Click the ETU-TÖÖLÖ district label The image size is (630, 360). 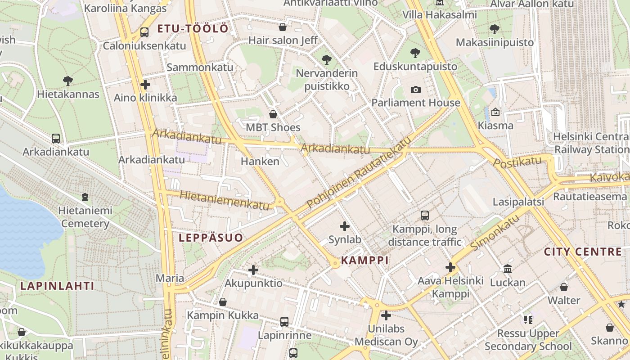(193, 29)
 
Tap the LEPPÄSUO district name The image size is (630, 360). (211, 238)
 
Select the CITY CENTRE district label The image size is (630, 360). (583, 252)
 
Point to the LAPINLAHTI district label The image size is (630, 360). (57, 286)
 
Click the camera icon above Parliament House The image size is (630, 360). (415, 90)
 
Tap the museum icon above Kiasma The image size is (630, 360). (495, 112)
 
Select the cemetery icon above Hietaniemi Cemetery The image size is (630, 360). (85, 197)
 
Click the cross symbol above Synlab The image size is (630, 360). (345, 226)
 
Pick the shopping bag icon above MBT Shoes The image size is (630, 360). (273, 114)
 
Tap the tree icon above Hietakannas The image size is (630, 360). (68, 81)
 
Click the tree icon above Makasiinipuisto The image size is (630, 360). (495, 29)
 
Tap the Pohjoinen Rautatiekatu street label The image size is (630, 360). (359, 173)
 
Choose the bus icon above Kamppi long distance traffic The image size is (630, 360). (424, 216)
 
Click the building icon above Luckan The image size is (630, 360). (508, 269)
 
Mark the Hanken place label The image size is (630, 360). (260, 161)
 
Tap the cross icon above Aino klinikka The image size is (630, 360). (145, 85)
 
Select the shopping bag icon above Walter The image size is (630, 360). (564, 287)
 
